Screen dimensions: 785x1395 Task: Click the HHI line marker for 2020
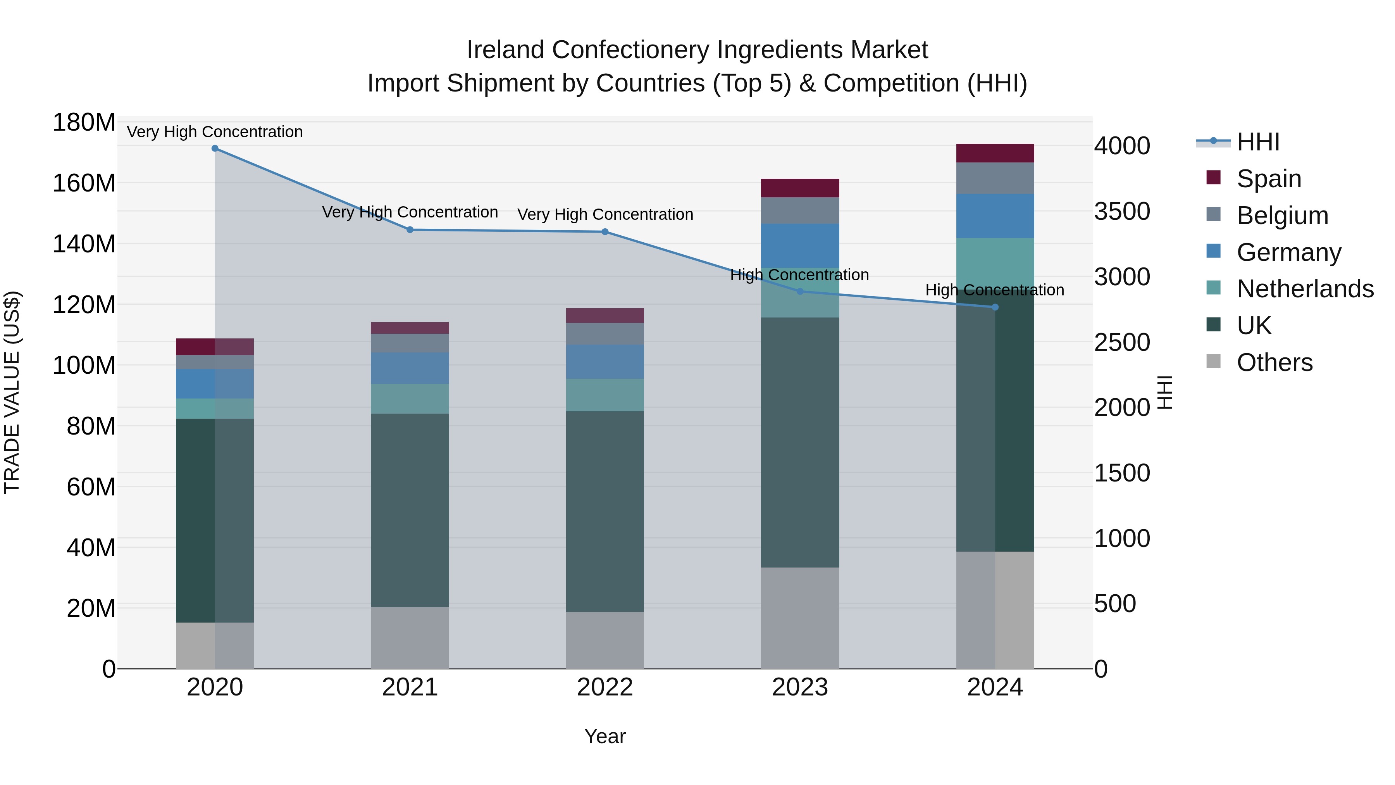tap(215, 148)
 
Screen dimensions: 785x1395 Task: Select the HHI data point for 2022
tap(605, 232)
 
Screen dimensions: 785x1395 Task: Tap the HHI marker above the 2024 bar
tap(995, 307)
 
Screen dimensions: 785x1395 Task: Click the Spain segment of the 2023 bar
tap(800, 188)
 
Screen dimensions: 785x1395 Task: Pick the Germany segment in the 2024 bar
tap(995, 216)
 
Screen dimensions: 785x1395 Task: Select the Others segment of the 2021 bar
tap(410, 638)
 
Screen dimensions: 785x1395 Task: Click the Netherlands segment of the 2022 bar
tap(605, 395)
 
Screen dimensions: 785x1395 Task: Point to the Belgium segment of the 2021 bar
tap(410, 343)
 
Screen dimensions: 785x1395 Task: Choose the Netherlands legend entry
tap(1305, 289)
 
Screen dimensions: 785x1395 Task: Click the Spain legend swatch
tap(1214, 178)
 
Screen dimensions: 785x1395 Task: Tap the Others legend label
tap(1274, 362)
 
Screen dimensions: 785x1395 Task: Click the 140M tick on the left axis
tap(84, 244)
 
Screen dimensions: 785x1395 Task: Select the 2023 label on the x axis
tap(800, 687)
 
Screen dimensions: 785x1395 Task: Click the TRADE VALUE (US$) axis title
tap(12, 392)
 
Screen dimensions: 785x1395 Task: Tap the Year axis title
tap(605, 736)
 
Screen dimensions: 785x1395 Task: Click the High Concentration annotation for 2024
tap(994, 290)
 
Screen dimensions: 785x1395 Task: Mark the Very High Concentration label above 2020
tap(215, 132)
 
